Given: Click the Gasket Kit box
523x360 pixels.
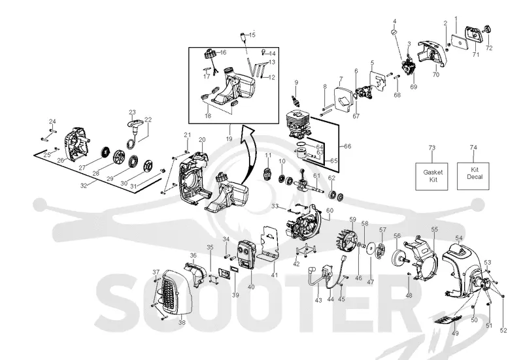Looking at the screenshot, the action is tap(431, 176).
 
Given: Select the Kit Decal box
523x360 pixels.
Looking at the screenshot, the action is tap(473, 176).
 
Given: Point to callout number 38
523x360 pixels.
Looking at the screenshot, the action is tap(182, 322).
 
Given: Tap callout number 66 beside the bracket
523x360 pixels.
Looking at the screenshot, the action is tap(348, 146).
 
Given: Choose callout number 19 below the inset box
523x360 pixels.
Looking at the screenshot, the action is tap(229, 139).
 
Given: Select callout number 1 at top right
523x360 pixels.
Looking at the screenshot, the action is tap(456, 19).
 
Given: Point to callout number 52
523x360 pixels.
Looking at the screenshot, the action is tap(503, 330).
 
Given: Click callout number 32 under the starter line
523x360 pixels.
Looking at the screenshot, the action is tap(84, 186).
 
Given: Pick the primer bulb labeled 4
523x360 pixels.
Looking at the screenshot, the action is tap(394, 31).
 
